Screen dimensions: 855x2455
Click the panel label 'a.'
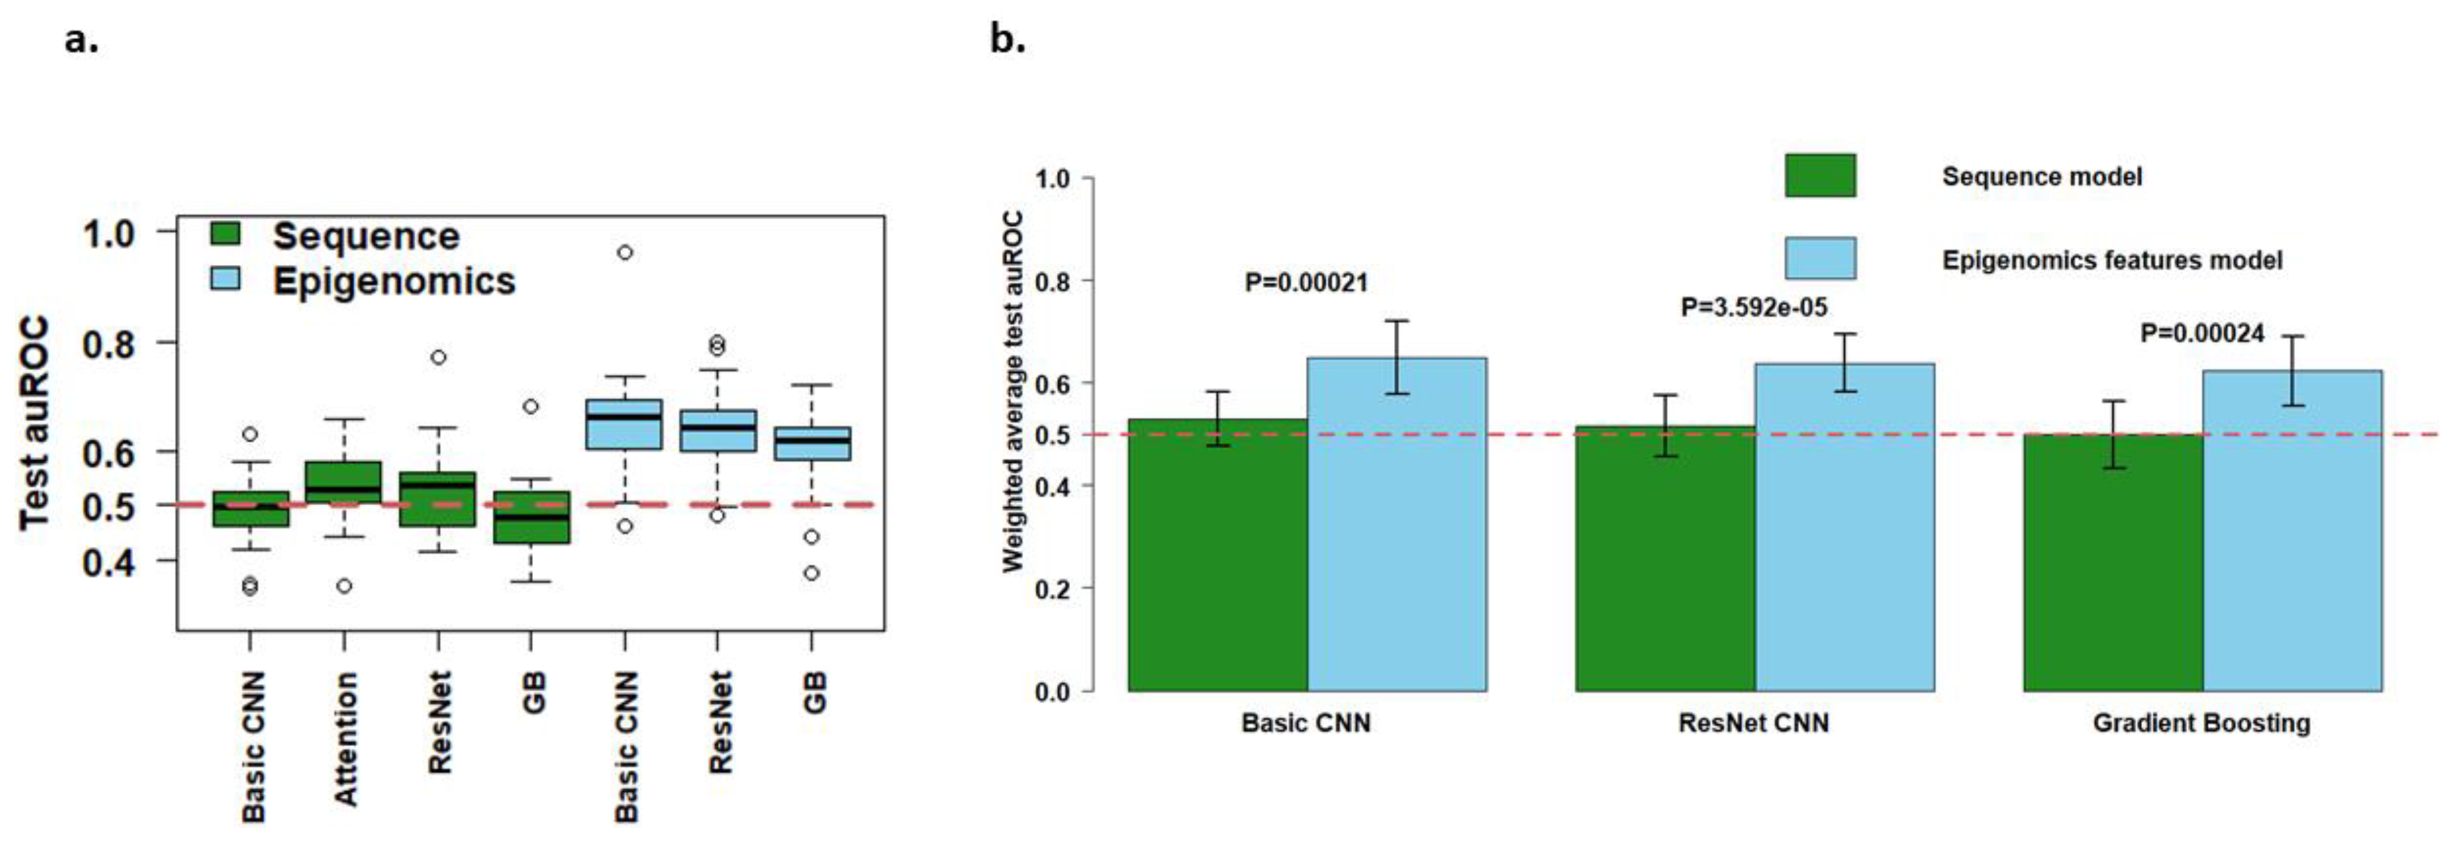(x=81, y=41)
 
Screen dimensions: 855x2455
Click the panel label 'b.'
(x=1007, y=41)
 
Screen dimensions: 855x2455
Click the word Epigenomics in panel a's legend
(x=394, y=281)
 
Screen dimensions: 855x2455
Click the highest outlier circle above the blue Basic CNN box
(x=624, y=252)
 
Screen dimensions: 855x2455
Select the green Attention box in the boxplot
(x=343, y=482)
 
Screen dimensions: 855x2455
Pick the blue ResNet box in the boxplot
(x=718, y=431)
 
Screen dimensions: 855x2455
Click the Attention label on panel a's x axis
(x=345, y=739)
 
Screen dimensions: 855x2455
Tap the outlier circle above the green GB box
(x=531, y=407)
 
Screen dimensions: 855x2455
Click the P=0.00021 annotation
(x=1306, y=283)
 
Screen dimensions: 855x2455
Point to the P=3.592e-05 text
(x=1753, y=307)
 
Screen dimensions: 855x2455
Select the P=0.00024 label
(x=2201, y=334)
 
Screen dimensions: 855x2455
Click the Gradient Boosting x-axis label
(x=2201, y=723)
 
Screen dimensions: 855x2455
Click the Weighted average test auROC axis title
(x=1012, y=391)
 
